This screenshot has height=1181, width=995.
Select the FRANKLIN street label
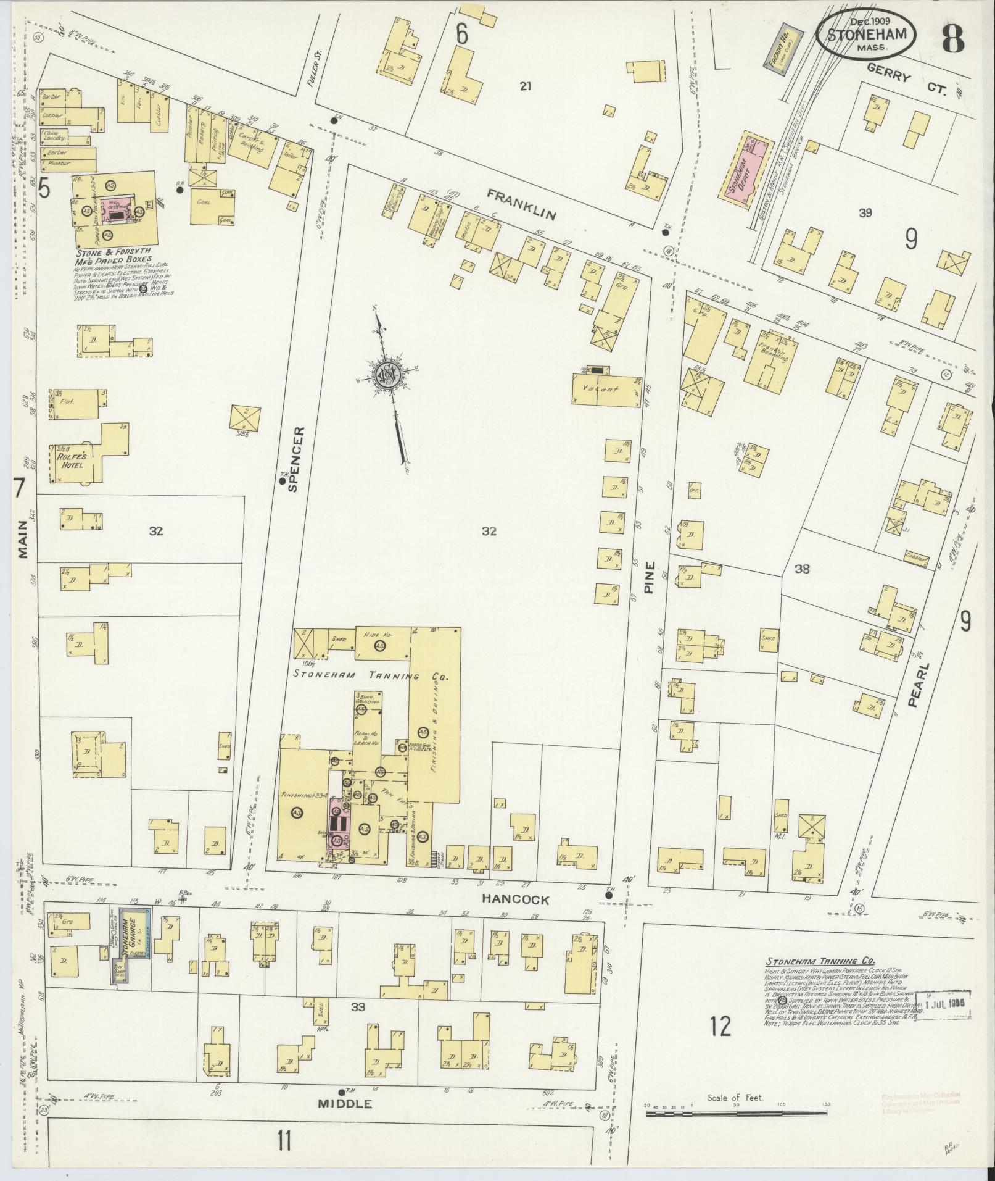(521, 204)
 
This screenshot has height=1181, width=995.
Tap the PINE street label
(648, 581)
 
